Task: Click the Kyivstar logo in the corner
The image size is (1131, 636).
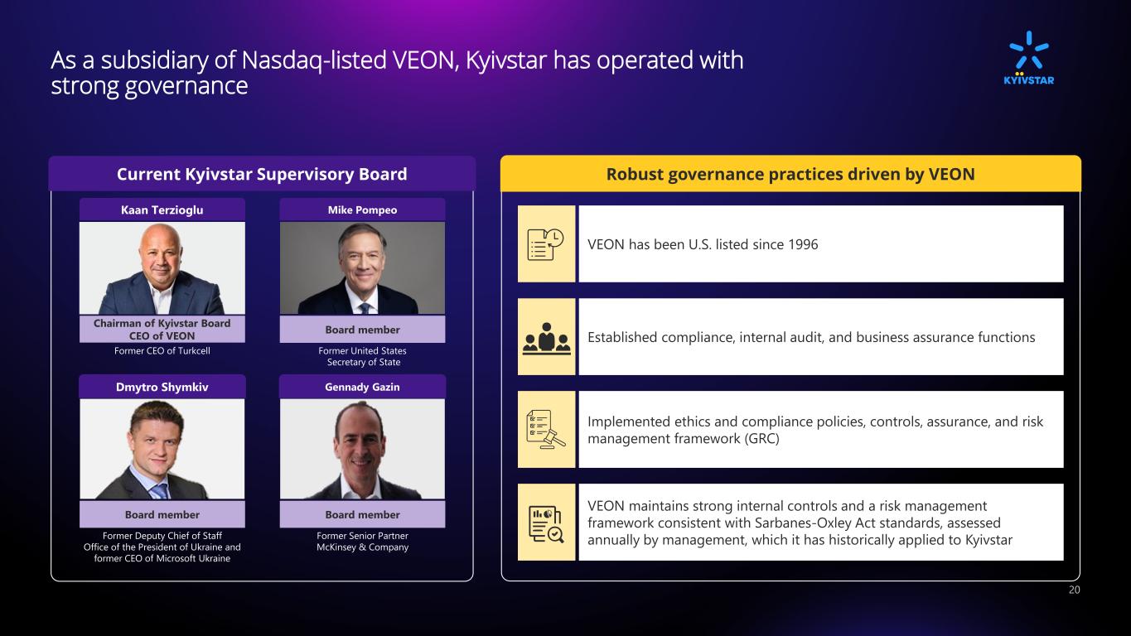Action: pyautogui.click(x=1028, y=58)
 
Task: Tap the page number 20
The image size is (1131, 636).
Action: pyautogui.click(x=1074, y=590)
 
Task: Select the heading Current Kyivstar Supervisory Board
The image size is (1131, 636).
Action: pyautogui.click(x=262, y=174)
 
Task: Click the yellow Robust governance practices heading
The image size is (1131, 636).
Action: pyautogui.click(x=790, y=174)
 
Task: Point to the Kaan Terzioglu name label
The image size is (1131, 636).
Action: pyautogui.click(x=162, y=210)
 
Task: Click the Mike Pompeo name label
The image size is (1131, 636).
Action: pyautogui.click(x=363, y=210)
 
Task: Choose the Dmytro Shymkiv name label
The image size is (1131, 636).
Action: pyautogui.click(x=162, y=388)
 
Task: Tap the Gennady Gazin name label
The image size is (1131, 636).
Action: pyautogui.click(x=363, y=388)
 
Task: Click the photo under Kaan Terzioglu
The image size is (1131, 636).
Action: pyautogui.click(x=162, y=268)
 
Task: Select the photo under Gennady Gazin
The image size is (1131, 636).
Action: pyautogui.click(x=363, y=449)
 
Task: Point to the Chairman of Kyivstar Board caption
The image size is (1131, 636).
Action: pyautogui.click(x=162, y=323)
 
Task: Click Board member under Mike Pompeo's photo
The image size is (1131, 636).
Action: pyautogui.click(x=363, y=330)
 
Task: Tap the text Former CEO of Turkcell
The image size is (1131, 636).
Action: pyautogui.click(x=162, y=351)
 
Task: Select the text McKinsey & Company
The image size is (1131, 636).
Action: pyautogui.click(x=363, y=547)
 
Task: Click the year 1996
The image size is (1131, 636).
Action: pyautogui.click(x=803, y=244)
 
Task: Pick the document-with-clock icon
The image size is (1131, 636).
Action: pyautogui.click(x=545, y=244)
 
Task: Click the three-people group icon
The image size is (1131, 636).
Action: pyautogui.click(x=546, y=338)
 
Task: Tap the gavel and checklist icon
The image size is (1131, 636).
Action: pyautogui.click(x=546, y=430)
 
